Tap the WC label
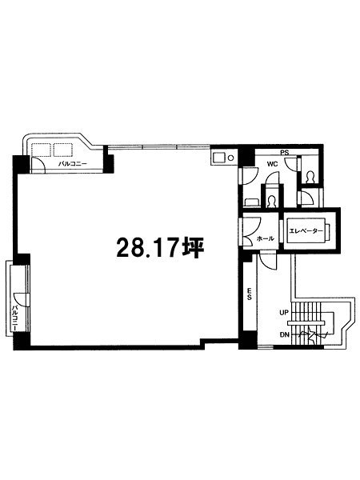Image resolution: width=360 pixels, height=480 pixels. click(x=272, y=164)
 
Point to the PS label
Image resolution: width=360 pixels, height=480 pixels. click(x=285, y=153)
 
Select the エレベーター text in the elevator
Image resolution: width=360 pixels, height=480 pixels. click(x=306, y=231)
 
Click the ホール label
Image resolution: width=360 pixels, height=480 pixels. click(x=265, y=238)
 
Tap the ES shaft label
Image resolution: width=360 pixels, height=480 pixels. click(x=249, y=294)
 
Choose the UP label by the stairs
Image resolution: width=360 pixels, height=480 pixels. click(x=284, y=313)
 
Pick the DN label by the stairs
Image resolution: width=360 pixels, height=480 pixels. click(x=284, y=334)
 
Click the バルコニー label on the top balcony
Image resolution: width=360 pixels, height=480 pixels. click(x=73, y=164)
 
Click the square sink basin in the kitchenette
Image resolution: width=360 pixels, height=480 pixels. click(x=219, y=158)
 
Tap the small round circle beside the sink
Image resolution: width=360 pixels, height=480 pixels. click(x=231, y=158)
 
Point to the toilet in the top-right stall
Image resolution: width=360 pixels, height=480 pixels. click(x=310, y=177)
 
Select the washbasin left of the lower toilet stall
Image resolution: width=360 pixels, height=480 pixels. click(x=252, y=202)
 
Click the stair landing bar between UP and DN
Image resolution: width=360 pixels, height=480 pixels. click(x=306, y=323)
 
